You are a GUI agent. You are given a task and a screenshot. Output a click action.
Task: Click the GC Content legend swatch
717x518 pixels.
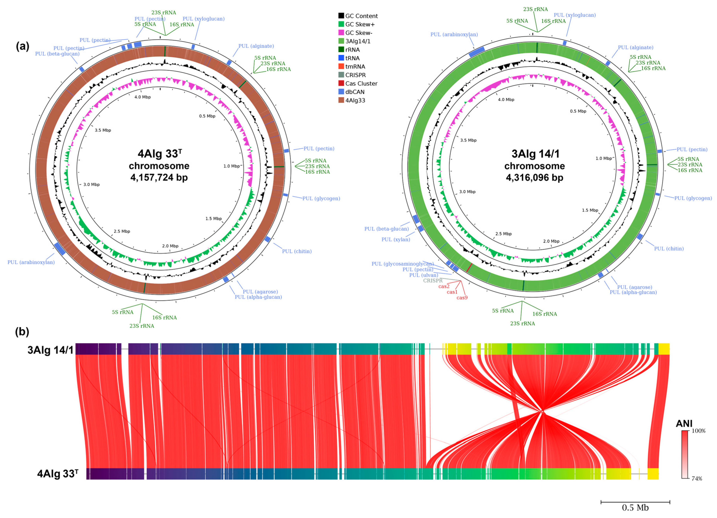pyautogui.click(x=341, y=16)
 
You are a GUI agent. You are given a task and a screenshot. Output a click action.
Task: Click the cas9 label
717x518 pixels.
pyautogui.click(x=462, y=298)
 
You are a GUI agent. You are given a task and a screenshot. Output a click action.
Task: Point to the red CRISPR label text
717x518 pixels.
pyautogui.click(x=433, y=281)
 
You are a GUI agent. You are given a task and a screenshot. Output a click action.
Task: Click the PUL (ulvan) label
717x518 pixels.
pyautogui.click(x=424, y=275)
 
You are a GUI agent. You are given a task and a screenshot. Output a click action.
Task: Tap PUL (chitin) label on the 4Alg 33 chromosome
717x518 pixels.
pyautogui.click(x=297, y=251)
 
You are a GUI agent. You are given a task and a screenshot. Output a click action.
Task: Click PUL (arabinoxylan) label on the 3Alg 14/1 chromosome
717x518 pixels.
pyautogui.click(x=454, y=34)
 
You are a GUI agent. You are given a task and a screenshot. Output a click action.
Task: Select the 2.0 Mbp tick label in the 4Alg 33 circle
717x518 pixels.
pyautogui.click(x=170, y=246)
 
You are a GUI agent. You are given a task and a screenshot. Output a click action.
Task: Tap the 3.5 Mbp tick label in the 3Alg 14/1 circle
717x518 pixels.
pyautogui.click(x=468, y=140)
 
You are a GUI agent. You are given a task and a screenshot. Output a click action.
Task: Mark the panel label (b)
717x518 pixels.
pyautogui.click(x=22, y=332)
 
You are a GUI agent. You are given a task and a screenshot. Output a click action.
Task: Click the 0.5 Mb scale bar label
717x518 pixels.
pyautogui.click(x=635, y=508)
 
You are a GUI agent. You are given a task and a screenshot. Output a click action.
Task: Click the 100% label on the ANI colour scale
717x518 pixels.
pyautogui.click(x=698, y=431)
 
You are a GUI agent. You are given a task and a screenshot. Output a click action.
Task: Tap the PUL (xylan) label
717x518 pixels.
pyautogui.click(x=396, y=240)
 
